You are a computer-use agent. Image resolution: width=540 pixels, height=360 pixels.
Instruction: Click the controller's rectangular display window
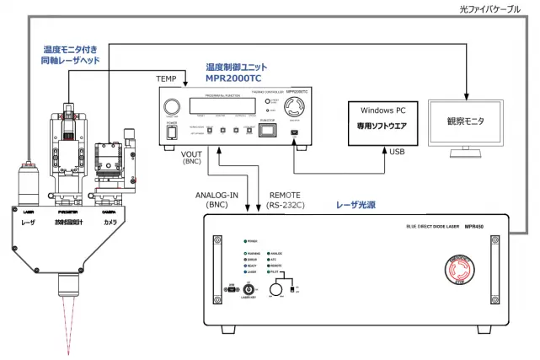[222, 105]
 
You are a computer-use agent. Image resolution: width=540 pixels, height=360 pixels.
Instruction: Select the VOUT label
[192, 153]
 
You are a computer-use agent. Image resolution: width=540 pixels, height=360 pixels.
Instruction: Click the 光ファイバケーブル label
[495, 9]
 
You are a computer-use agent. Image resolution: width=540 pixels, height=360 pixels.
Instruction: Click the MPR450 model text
[481, 228]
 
